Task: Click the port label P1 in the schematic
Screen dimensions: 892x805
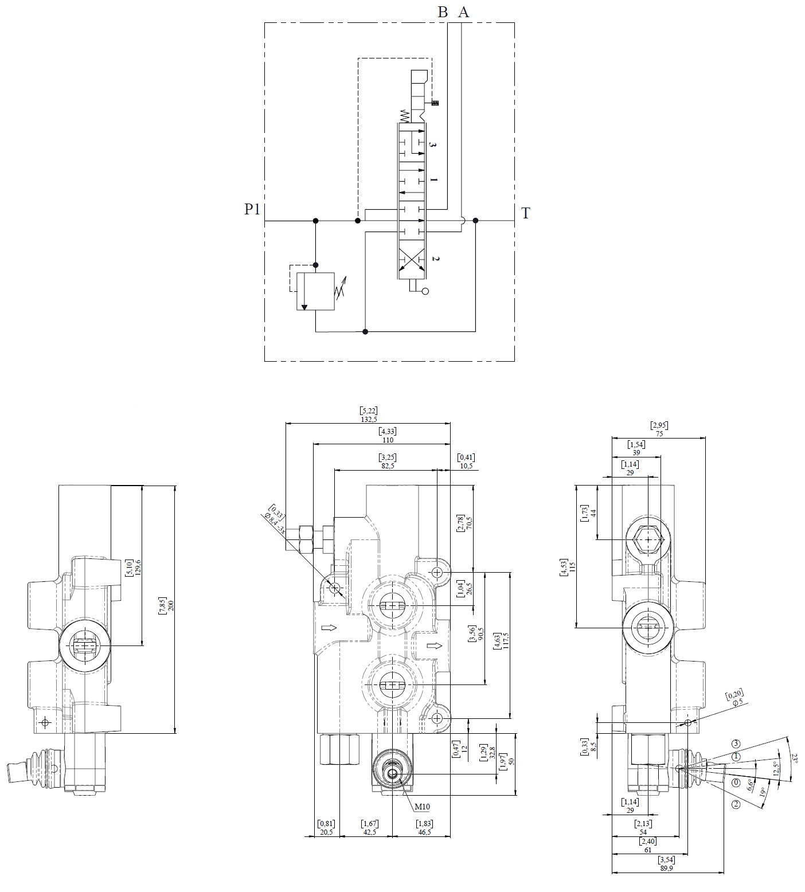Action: coord(252,210)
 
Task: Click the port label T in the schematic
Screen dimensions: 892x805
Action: coord(525,214)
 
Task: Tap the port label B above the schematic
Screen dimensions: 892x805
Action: coord(443,12)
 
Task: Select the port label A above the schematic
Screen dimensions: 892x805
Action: coord(464,12)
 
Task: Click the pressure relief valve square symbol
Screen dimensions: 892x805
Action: coord(315,291)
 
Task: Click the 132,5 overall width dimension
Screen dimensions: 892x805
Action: coord(369,419)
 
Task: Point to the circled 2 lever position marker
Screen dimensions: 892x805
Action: coord(736,804)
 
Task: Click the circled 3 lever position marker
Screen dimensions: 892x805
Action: coord(736,744)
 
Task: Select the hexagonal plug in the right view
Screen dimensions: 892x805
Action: coord(648,539)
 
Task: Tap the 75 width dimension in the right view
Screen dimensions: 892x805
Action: coord(659,434)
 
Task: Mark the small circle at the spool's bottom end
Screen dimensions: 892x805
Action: coord(425,292)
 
